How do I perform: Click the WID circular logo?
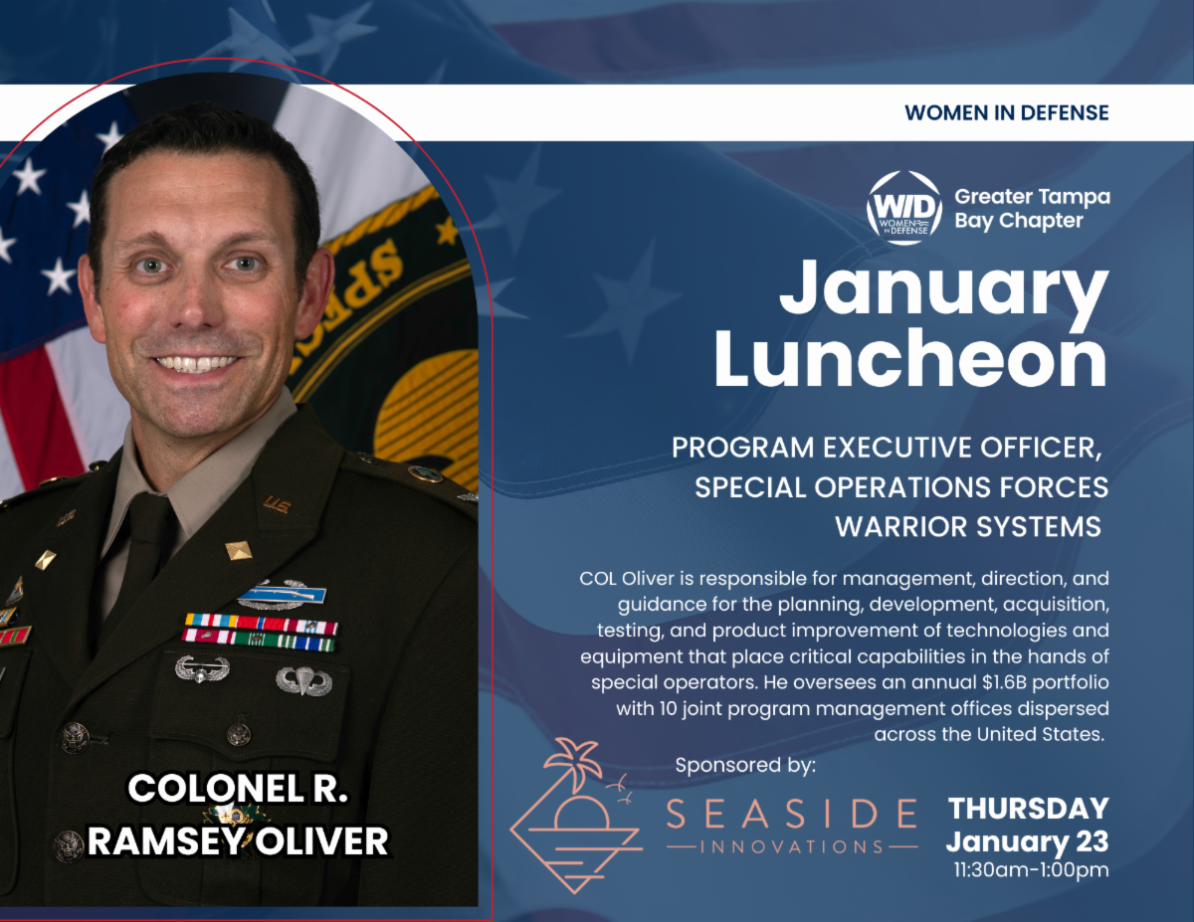tap(903, 207)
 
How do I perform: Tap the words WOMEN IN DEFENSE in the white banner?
tap(1006, 112)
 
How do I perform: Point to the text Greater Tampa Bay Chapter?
tap(1032, 208)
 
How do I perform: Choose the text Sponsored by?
tap(745, 765)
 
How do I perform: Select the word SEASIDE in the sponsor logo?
tap(791, 813)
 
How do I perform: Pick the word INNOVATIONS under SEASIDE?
tap(791, 846)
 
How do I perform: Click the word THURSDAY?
tap(1028, 808)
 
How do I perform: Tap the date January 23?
tap(1027, 841)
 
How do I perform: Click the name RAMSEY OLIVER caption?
tap(237, 841)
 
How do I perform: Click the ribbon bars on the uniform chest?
tap(261, 633)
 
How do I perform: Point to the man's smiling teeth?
tap(196, 364)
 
